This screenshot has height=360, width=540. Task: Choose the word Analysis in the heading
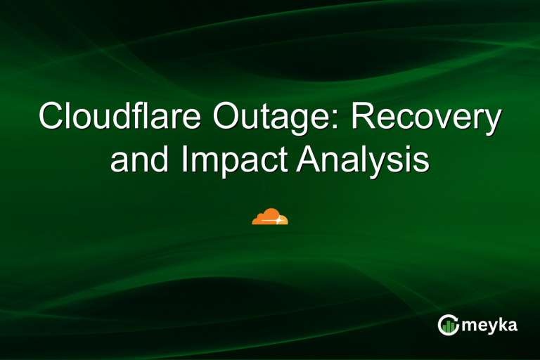point(363,160)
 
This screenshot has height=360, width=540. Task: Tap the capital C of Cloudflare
point(52,117)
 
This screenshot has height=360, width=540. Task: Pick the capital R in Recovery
point(361,117)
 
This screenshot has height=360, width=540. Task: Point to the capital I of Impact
point(184,158)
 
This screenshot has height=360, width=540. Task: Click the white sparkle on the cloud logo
point(278,220)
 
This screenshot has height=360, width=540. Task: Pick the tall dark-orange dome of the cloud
point(268,215)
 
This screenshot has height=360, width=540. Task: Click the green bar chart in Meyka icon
point(447,326)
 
